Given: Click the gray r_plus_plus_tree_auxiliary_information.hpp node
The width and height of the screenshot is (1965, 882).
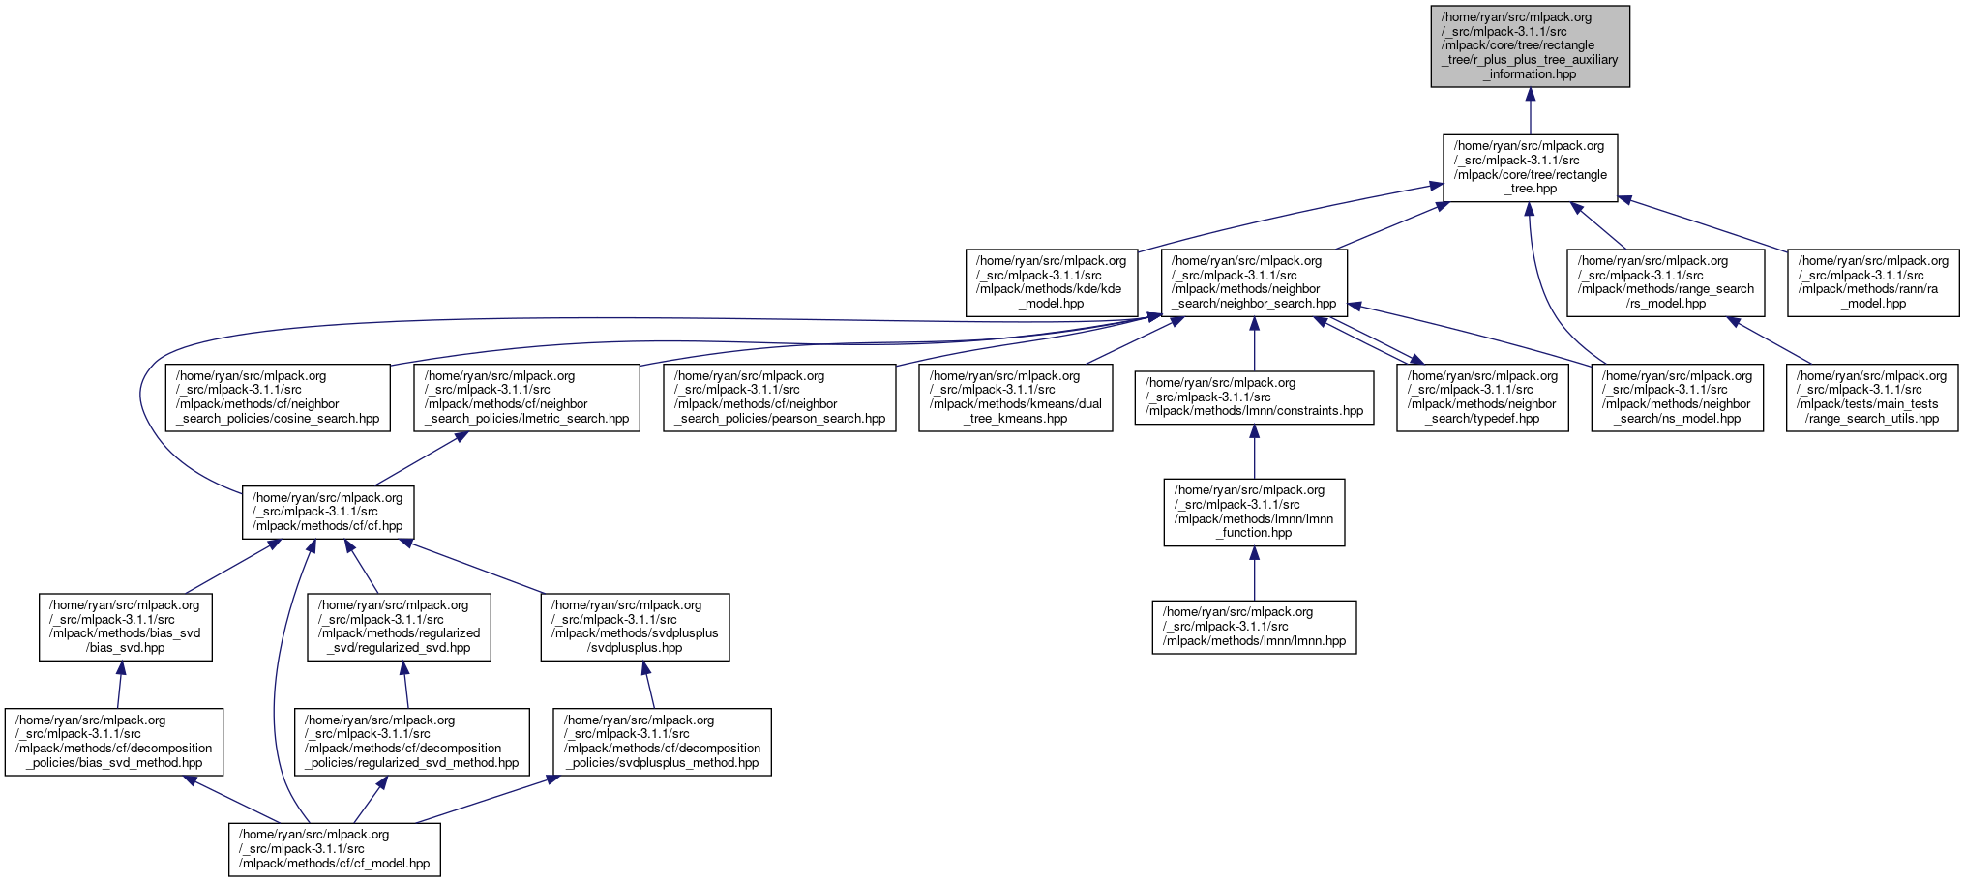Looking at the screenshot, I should (x=1530, y=46).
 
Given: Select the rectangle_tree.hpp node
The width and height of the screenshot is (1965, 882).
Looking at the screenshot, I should (x=1530, y=168).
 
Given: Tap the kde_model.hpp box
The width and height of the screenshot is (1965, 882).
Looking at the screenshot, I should (x=1052, y=282).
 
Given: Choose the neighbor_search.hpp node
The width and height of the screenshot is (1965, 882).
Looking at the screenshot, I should (x=1254, y=282).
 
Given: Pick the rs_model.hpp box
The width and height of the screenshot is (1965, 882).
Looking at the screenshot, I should (x=1665, y=282).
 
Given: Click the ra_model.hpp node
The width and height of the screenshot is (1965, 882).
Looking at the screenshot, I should (x=1873, y=282).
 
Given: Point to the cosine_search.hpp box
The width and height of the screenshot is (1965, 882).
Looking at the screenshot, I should (x=278, y=397).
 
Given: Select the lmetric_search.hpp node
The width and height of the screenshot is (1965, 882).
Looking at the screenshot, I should (x=527, y=397).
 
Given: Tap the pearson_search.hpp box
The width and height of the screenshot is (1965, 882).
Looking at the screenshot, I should (x=780, y=397).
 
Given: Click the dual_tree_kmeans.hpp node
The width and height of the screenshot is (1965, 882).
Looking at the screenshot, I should (x=1015, y=397).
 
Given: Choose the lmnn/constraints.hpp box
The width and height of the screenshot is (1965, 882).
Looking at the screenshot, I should (x=1254, y=397).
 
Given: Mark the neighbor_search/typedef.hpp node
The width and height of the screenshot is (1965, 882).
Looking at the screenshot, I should (x=1482, y=397).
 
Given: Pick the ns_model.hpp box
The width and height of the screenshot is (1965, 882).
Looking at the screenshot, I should (x=1677, y=397).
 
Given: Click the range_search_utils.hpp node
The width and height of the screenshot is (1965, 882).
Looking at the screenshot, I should (x=1872, y=397).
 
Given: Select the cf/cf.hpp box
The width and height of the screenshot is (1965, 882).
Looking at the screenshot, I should (x=328, y=513).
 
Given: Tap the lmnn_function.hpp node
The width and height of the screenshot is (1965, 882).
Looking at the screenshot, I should (x=1254, y=513).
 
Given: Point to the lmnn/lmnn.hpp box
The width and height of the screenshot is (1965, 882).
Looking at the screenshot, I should (x=1254, y=627).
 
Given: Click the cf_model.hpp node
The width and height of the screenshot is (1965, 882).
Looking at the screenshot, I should (x=335, y=849).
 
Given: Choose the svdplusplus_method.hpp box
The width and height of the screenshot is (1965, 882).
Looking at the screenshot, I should (x=663, y=742).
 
